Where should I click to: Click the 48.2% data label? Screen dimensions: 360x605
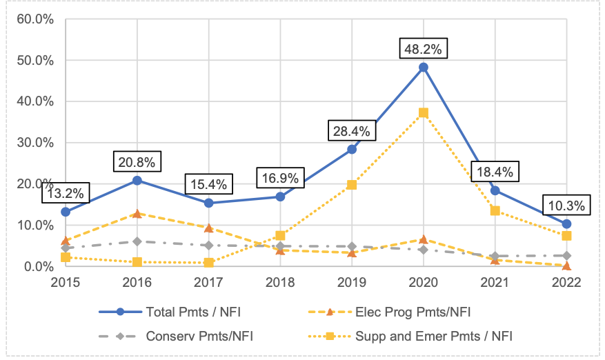(x=424, y=50)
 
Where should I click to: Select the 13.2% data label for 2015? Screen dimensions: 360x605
(x=66, y=194)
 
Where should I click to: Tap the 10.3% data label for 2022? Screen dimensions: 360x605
(x=565, y=206)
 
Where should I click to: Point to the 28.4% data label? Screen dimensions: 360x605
(x=352, y=131)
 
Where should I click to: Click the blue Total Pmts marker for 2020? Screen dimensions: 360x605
(x=424, y=68)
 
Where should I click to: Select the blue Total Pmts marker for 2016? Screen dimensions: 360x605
(x=137, y=181)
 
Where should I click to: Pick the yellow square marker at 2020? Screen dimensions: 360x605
(x=424, y=112)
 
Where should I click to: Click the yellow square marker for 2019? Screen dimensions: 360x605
(x=352, y=185)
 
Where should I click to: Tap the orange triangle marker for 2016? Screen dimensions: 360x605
(x=137, y=214)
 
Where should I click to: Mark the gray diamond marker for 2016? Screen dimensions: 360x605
(x=137, y=241)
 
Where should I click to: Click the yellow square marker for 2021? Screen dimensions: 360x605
(x=495, y=210)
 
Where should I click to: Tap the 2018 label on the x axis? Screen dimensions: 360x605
(x=280, y=282)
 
